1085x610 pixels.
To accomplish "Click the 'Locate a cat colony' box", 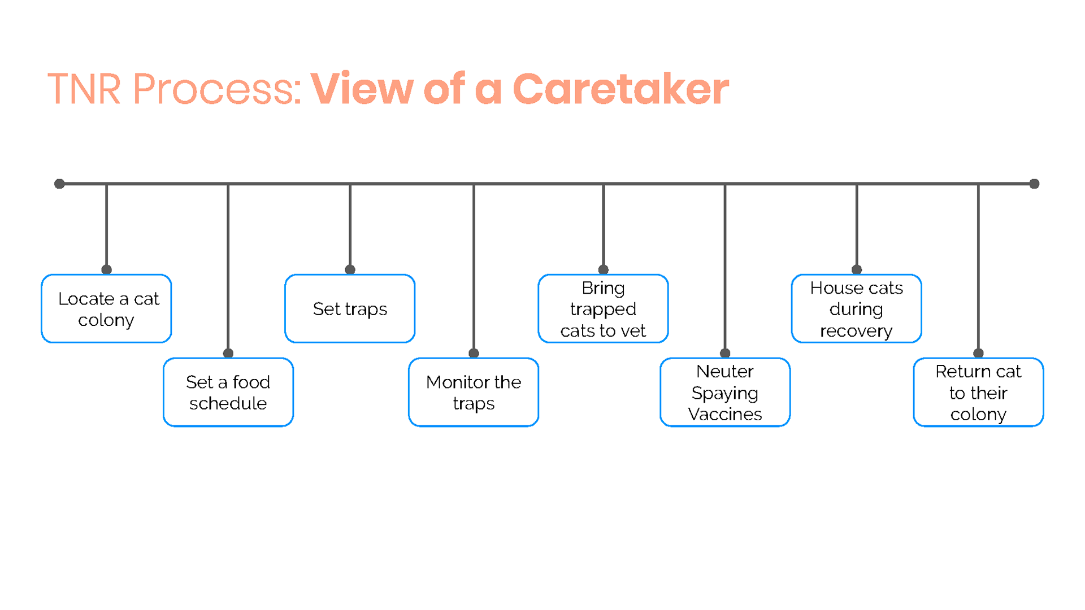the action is [x=106, y=308].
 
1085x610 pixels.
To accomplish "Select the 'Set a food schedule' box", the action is [x=228, y=392].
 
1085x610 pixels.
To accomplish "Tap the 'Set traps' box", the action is [x=350, y=308].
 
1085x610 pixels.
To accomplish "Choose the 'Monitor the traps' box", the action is [x=474, y=392].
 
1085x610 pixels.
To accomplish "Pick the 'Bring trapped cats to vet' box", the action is [x=603, y=308].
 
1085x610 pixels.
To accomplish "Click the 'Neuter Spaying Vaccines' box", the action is [x=725, y=392].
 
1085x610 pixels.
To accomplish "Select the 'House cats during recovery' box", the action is [x=857, y=308].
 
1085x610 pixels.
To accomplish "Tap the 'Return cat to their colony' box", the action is [x=978, y=392].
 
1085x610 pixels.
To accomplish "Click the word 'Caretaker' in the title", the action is [x=621, y=89].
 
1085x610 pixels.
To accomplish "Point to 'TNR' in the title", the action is [x=84, y=89].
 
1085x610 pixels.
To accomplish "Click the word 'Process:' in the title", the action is [x=218, y=89].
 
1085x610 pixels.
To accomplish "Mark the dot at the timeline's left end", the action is [x=59, y=184].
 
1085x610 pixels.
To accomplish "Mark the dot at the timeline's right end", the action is [x=1034, y=184].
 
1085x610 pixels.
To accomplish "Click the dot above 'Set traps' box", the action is [x=350, y=269].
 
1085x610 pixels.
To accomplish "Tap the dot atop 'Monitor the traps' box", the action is [x=474, y=353].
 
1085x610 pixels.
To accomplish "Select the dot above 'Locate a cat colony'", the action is [x=106, y=269].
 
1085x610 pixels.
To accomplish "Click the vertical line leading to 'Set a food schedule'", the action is [x=228, y=268].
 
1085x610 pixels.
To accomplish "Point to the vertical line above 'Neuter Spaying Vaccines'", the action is [x=725, y=268].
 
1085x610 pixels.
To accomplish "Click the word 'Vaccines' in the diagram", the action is [x=725, y=414].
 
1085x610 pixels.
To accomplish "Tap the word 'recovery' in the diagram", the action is [x=856, y=331].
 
